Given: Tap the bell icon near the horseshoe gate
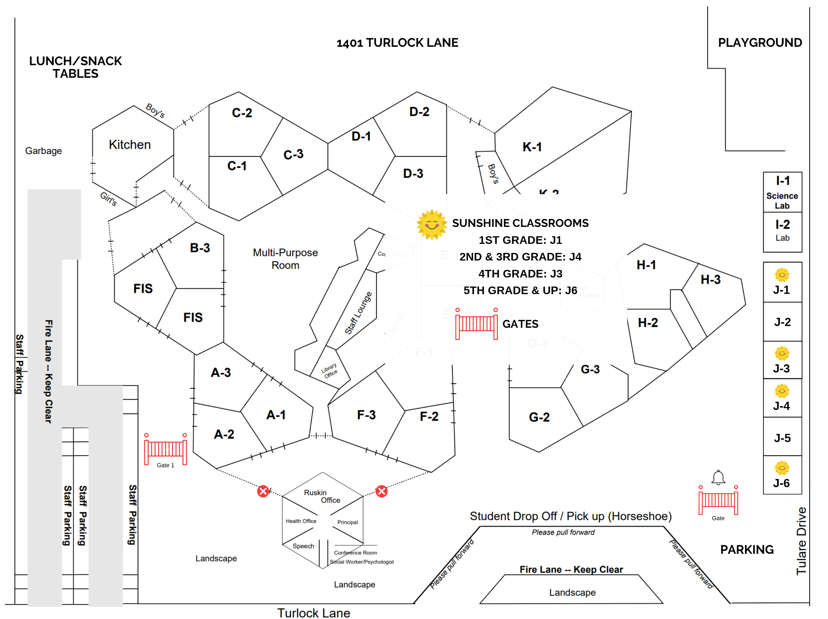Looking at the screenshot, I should tap(718, 477).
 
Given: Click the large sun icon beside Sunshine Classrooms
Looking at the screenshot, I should tap(432, 224).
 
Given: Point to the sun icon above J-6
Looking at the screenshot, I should tap(782, 468).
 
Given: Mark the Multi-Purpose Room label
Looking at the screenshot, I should tap(285, 259).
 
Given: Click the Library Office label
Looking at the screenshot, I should tap(329, 370).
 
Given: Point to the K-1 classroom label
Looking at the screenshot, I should tap(532, 147).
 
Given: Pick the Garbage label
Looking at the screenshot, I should tap(44, 151).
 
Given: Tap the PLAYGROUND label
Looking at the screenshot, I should tap(760, 42).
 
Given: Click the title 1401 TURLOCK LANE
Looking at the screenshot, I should tap(397, 43).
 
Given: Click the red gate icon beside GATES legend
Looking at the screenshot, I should tap(476, 324).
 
